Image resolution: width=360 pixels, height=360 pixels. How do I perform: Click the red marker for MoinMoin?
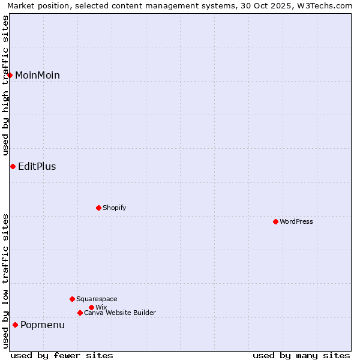pos(10,75)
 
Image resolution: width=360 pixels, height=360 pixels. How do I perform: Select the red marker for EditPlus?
pos(13,166)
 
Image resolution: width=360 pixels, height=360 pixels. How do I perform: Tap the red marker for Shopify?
pos(98,208)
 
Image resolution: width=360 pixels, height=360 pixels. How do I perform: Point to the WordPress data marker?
pos(275,221)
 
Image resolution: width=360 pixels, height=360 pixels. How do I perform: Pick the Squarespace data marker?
pos(72,299)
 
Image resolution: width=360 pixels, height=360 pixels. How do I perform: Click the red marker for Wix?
pos(91,307)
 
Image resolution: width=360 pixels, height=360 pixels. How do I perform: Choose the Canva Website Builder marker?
pos(80,313)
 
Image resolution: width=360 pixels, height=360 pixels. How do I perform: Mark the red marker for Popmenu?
pos(15,325)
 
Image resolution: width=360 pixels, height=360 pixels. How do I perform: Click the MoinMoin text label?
pos(37,75)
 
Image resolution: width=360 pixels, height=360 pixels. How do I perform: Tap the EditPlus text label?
pos(37,166)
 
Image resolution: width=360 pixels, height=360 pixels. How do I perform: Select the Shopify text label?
pos(114,208)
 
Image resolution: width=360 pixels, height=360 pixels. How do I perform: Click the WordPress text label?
pos(296,221)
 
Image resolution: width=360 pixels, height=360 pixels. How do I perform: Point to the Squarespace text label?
pos(97,299)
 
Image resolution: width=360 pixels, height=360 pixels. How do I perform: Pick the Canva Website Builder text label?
pos(120,313)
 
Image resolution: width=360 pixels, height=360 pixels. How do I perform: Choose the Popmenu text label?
pos(43,325)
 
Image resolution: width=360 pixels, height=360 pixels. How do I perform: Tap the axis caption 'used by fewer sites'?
pos(62,355)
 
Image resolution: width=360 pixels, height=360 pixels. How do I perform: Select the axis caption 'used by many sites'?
pos(301,355)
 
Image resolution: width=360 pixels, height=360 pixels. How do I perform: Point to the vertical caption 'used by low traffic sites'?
pos(5,281)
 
